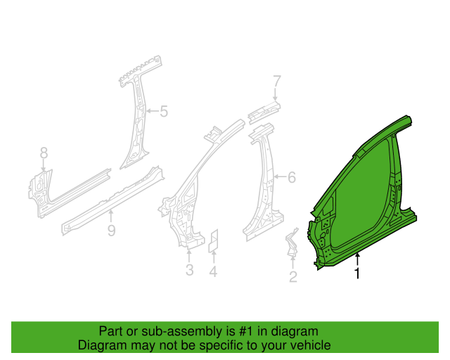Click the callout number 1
click(357, 274)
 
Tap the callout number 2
click(292, 277)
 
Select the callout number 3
click(189, 270)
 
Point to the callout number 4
click(213, 271)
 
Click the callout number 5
click(164, 111)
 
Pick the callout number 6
click(292, 177)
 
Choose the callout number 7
click(276, 81)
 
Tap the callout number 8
click(44, 153)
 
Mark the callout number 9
click(111, 231)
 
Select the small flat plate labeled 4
click(213, 241)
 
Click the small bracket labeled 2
click(292, 242)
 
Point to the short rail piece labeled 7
click(264, 112)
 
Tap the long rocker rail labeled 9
click(112, 200)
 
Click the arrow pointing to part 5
click(152, 111)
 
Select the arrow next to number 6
click(280, 176)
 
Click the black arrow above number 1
click(357, 259)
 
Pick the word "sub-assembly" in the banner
click(181, 331)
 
